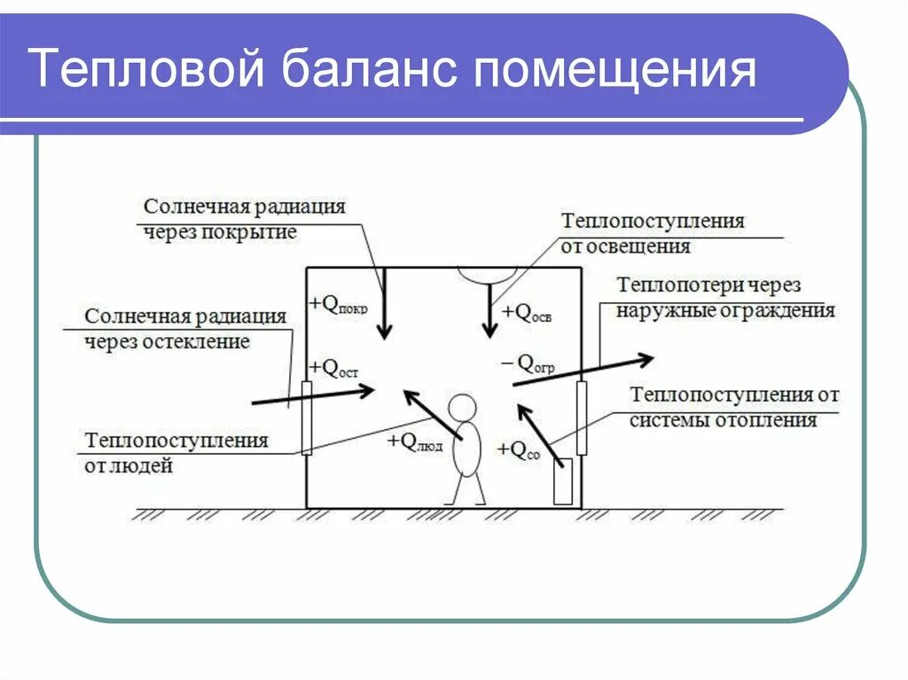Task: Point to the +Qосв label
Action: [x=527, y=313]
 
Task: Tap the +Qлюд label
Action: [x=414, y=442]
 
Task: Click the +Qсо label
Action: [x=519, y=450]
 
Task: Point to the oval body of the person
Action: [x=466, y=449]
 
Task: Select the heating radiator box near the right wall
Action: [x=562, y=481]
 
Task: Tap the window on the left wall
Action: [x=307, y=418]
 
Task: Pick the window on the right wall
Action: [x=582, y=417]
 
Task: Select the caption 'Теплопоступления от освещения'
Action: [x=653, y=234]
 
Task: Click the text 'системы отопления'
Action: [x=723, y=420]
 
